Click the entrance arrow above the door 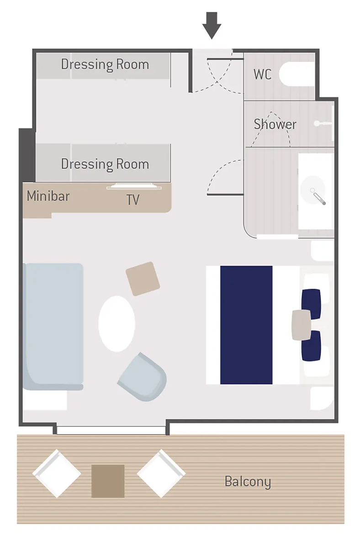tap(212, 26)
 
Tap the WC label tap(262, 74)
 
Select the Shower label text tap(275, 124)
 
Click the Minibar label tap(48, 196)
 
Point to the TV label tap(133, 200)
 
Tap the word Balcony tap(248, 481)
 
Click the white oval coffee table tap(117, 324)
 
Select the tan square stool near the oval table tap(143, 279)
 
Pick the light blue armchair tap(143, 377)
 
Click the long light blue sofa tap(53, 327)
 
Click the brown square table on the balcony tap(108, 481)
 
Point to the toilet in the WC tap(297, 74)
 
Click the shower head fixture tap(317, 123)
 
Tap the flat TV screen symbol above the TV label tap(134, 186)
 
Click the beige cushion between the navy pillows tap(302, 325)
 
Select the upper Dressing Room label tap(105, 64)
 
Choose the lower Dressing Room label tap(105, 163)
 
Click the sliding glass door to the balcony tap(111, 430)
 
